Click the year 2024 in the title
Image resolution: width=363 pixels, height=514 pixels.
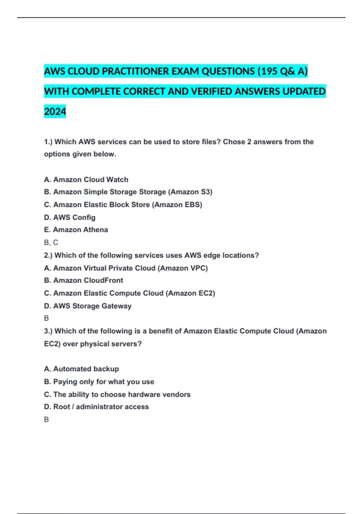55,112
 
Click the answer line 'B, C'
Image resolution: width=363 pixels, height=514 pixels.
51,242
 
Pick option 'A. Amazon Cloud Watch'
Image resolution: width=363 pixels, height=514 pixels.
86,180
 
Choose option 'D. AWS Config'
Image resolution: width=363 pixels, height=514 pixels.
70,217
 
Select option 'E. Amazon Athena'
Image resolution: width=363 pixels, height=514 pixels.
76,230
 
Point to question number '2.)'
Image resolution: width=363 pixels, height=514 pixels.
48,255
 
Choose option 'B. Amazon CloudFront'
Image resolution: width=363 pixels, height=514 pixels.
83,281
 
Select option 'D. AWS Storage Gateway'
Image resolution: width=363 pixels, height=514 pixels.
88,306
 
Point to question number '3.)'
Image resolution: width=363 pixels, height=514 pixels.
48,331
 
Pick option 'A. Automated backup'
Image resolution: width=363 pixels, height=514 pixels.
81,369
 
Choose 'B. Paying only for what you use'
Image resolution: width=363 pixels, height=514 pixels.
99,382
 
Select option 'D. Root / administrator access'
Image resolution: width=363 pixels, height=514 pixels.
96,407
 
